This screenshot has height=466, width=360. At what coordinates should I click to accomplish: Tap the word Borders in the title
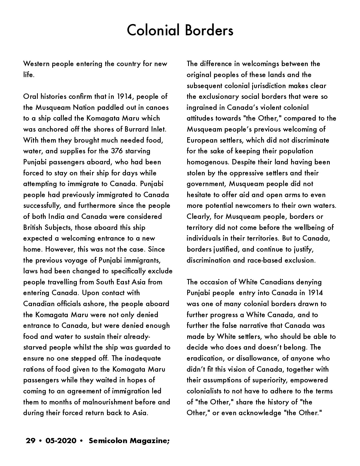209,31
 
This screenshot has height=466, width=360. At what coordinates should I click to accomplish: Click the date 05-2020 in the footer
61,441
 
